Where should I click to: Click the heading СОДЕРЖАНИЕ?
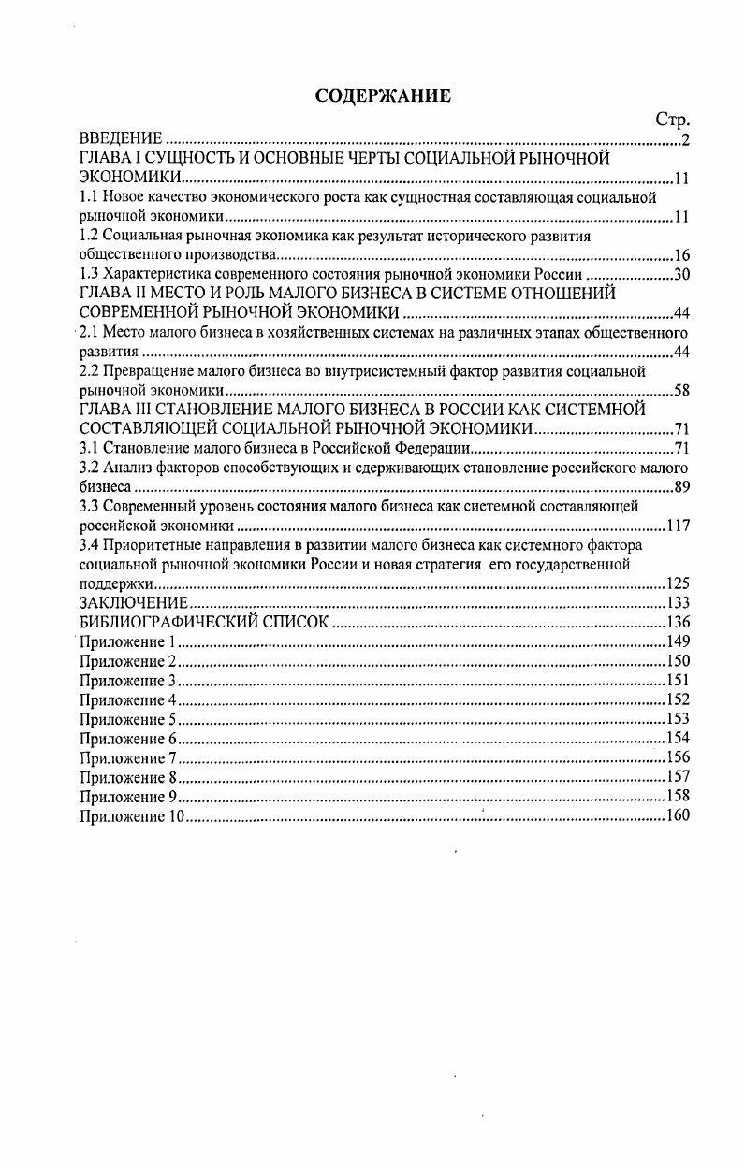383,95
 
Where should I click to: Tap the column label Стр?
672,120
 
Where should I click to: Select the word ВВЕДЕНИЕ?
122,139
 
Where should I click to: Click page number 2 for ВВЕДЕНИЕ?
685,140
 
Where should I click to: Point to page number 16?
681,255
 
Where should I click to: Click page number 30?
681,274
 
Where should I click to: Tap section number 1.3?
90,274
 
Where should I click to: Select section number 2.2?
90,371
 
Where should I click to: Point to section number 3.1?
90,448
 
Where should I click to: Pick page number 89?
681,487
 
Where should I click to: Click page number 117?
678,526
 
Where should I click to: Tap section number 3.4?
90,544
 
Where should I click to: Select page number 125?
678,583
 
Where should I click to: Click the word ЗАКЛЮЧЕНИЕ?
135,603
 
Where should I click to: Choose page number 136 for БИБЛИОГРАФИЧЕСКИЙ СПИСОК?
678,622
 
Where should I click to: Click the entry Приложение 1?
128,641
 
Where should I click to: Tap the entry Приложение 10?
132,815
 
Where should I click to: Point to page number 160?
678,815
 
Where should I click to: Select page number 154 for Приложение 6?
678,738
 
